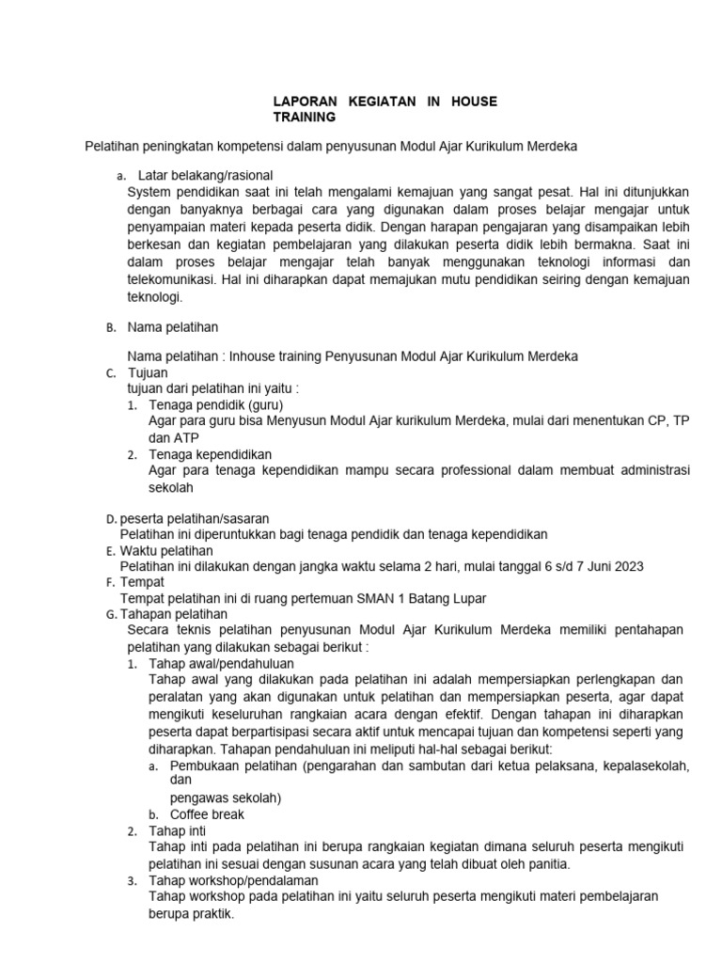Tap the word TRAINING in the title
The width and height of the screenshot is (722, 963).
[x=304, y=118]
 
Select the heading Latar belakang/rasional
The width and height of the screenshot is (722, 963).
[x=205, y=175]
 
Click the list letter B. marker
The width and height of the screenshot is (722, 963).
[x=110, y=328]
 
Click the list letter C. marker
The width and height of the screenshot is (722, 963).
[x=110, y=373]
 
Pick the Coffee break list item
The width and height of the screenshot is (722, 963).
[x=207, y=814]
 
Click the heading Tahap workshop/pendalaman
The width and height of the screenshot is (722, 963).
[x=233, y=880]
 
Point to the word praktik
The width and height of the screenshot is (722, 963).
[x=213, y=913]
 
